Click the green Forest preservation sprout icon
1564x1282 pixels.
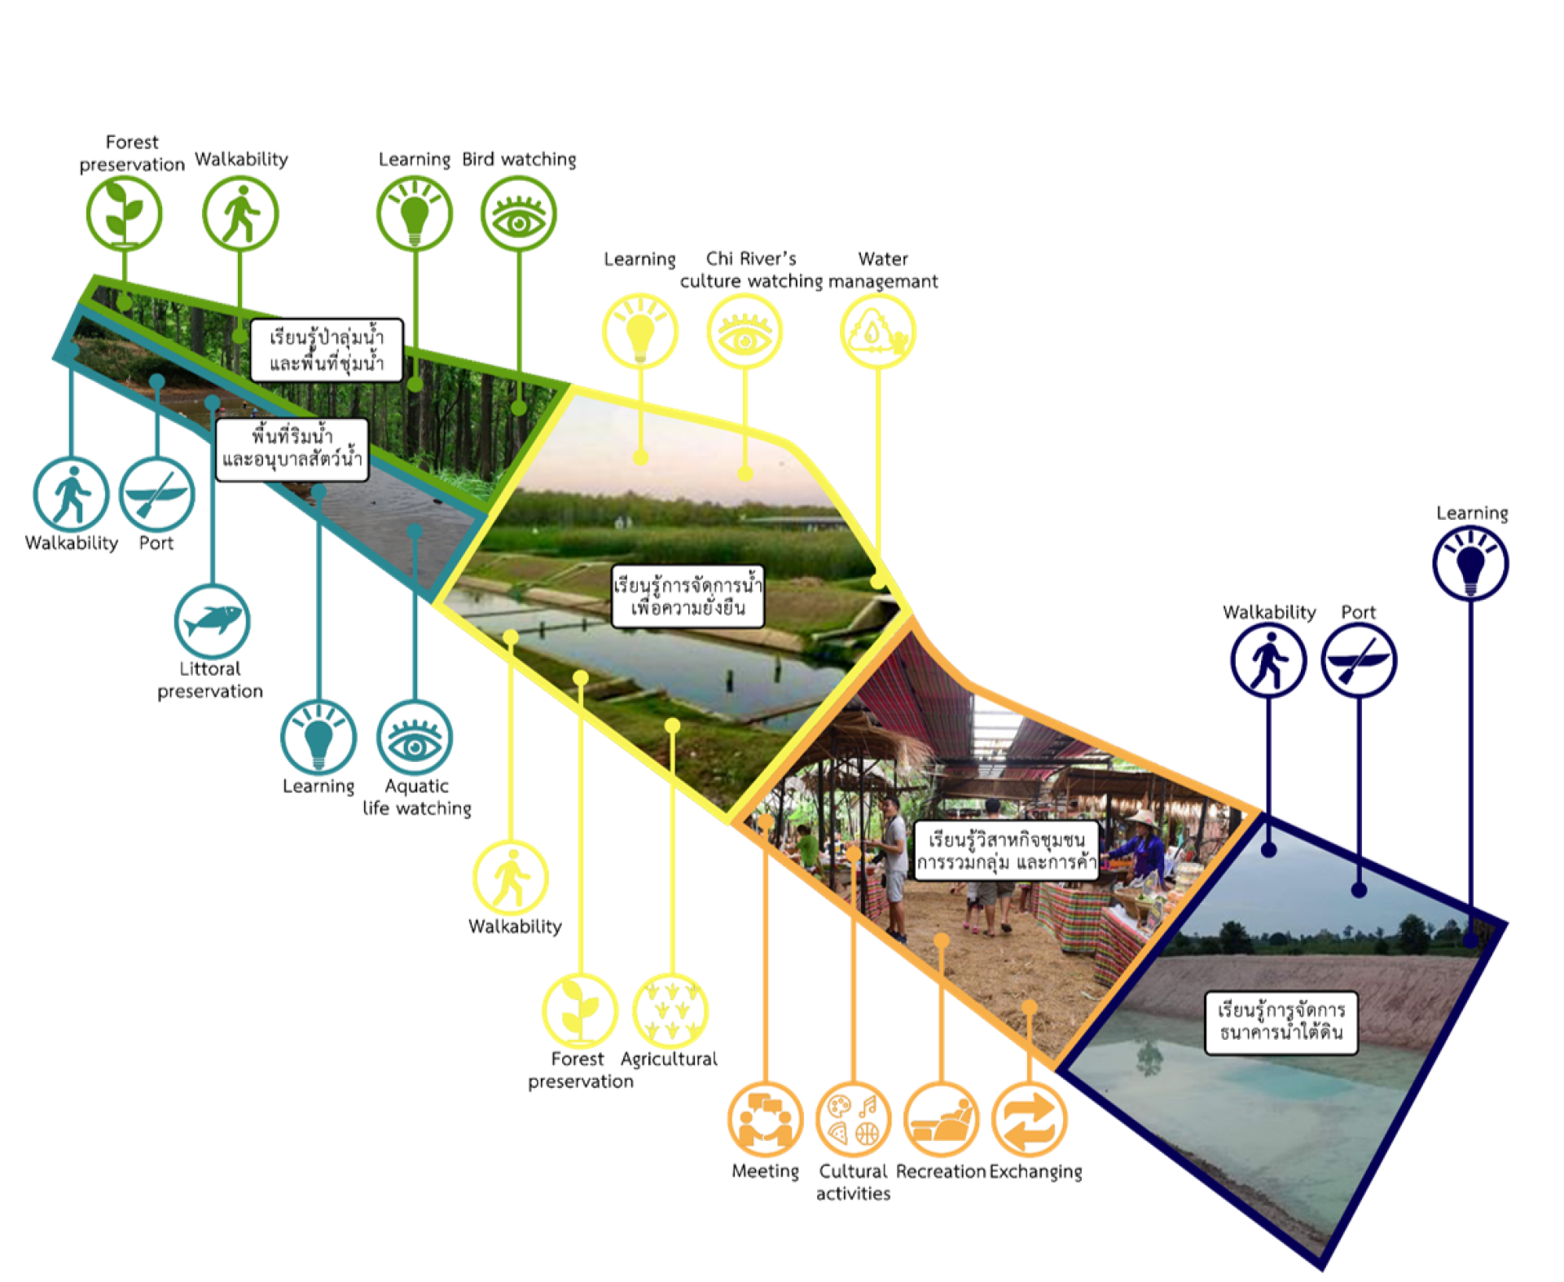[124, 213]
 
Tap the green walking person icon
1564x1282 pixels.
[240, 214]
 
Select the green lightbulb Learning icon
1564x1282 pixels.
[415, 214]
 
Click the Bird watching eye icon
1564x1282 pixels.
[519, 214]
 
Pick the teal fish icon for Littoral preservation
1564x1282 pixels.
[213, 621]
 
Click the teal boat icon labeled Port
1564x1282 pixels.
[157, 495]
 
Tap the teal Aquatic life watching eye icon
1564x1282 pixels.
[415, 738]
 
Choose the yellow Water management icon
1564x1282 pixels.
[877, 332]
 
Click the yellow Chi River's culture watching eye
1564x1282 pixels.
[745, 332]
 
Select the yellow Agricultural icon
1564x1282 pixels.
[670, 1011]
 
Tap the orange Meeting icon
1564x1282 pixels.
[765, 1119]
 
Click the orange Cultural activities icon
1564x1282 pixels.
[853, 1119]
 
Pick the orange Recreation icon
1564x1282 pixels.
[941, 1119]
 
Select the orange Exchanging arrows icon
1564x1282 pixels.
[1029, 1119]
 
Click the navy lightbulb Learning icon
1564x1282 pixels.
[1470, 563]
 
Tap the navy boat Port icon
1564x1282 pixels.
[1359, 660]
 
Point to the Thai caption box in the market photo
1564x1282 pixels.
[1006, 851]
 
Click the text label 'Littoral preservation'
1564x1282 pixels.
[210, 680]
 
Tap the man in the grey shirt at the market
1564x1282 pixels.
[894, 864]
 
